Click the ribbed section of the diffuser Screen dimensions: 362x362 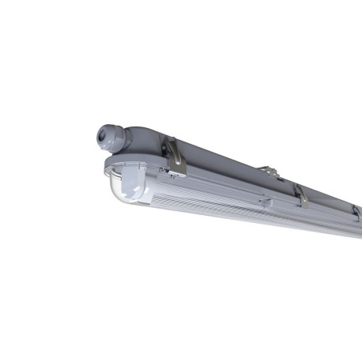237,209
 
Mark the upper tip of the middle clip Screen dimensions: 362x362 298,186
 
